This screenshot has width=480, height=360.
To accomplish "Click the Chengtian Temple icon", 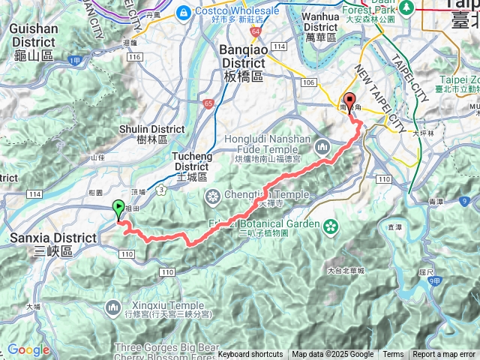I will (213, 196).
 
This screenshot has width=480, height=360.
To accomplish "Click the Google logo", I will (28, 349).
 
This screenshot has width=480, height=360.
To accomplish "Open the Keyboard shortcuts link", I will (250, 355).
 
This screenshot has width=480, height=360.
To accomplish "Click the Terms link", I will (393, 355).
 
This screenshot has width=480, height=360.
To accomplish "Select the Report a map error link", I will (444, 355).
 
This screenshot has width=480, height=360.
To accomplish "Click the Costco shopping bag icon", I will (182, 13).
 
